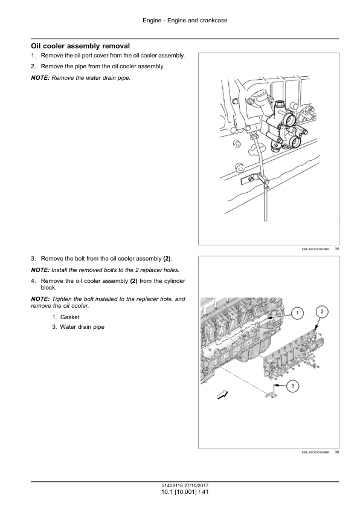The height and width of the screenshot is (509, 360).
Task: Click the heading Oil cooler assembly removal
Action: (x=80, y=46)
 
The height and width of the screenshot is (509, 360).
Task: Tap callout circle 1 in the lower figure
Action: (x=298, y=313)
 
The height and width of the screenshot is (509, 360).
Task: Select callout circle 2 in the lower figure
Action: (x=322, y=312)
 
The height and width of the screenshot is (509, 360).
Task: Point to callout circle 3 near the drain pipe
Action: (x=292, y=386)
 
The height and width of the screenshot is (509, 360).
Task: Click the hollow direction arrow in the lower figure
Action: (x=222, y=395)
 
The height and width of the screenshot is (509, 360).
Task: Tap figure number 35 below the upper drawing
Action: (x=336, y=249)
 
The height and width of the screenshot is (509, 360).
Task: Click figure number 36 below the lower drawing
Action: (x=336, y=452)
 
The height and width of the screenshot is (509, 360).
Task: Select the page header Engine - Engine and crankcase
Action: (x=185, y=21)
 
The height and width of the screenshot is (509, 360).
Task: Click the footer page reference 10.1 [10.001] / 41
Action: (x=185, y=492)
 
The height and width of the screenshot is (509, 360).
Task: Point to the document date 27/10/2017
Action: (x=197, y=486)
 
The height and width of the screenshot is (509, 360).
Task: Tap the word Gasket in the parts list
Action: (x=69, y=317)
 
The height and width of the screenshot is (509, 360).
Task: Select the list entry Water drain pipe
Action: (x=82, y=327)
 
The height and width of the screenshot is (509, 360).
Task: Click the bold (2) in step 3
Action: (x=167, y=259)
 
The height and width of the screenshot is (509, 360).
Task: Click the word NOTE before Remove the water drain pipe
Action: (x=40, y=78)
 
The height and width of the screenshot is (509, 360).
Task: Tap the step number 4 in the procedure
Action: (x=33, y=281)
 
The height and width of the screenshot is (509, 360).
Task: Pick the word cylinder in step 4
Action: (x=174, y=281)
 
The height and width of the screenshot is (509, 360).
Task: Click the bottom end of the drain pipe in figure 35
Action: (x=266, y=221)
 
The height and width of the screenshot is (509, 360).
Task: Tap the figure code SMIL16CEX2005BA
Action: (x=315, y=249)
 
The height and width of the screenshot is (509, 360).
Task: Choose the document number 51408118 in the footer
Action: (x=173, y=486)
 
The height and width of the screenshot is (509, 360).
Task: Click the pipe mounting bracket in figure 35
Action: (x=253, y=178)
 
